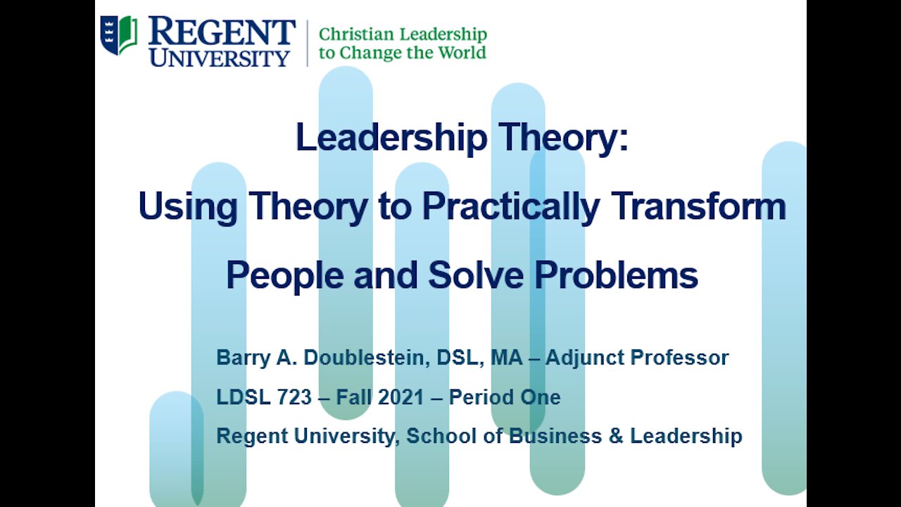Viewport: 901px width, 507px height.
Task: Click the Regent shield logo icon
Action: click(119, 35)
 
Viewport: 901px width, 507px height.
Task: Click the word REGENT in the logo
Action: click(222, 32)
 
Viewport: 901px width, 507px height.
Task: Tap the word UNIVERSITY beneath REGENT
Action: click(219, 58)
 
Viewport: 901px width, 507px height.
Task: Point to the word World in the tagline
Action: click(462, 52)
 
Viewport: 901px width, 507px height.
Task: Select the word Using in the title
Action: click(188, 206)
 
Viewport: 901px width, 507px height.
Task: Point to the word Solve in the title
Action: click(476, 275)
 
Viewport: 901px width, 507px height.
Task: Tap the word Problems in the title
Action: click(616, 275)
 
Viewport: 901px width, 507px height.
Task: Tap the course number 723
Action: click(294, 396)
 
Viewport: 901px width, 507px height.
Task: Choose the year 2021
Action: click(401, 396)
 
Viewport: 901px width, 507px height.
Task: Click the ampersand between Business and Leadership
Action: click(616, 436)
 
